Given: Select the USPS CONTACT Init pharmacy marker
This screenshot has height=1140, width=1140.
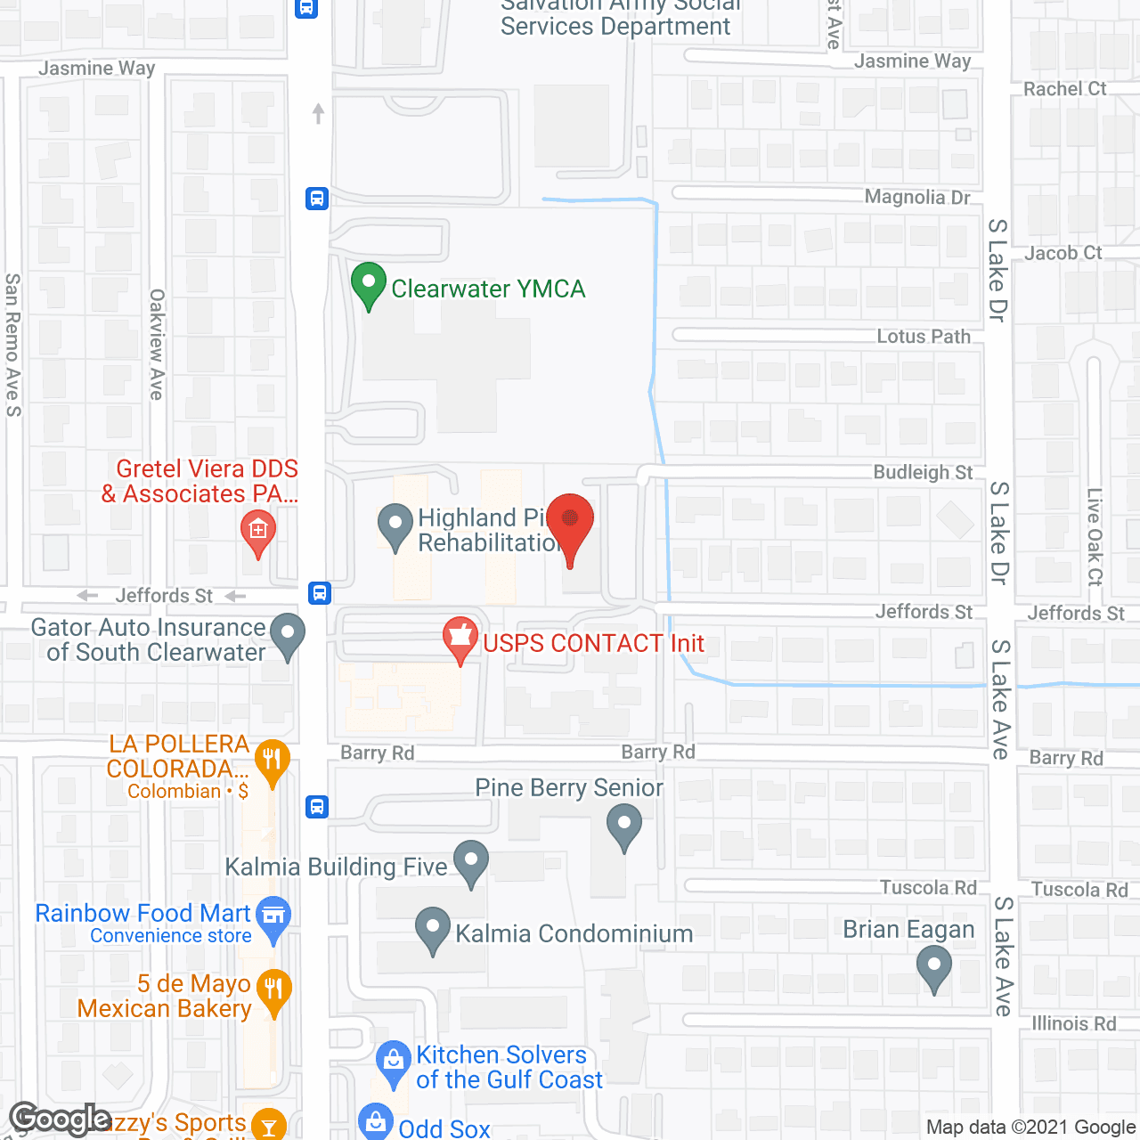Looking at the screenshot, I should tap(460, 639).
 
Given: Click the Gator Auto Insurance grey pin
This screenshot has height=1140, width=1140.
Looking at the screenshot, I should tap(287, 635).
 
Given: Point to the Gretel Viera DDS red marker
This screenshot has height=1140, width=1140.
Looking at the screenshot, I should tap(257, 533).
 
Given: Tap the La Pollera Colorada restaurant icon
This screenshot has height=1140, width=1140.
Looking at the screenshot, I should tap(273, 761).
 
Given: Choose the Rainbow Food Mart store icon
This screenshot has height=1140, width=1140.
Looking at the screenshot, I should tap(273, 916).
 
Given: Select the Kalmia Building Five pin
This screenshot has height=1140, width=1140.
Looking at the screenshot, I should tap(470, 862).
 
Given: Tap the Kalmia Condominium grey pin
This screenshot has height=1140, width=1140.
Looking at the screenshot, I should tap(432, 928).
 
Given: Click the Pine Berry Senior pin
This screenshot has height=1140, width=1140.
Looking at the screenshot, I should tap(623, 825).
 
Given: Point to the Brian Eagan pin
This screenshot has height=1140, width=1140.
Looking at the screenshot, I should tap(933, 966).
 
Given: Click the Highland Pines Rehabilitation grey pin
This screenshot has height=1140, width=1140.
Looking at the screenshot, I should tap(395, 525).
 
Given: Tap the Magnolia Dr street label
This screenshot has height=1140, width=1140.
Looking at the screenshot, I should tap(916, 197).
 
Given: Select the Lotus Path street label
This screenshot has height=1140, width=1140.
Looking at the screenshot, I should tap(923, 337).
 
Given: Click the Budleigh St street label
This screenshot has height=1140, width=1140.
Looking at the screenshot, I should tap(923, 472).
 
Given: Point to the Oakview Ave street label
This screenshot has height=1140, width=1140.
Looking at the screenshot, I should tap(157, 344).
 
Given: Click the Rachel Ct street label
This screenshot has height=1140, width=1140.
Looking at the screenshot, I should tap(1064, 89).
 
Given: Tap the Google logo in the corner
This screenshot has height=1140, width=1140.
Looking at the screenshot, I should tap(60, 1119).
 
